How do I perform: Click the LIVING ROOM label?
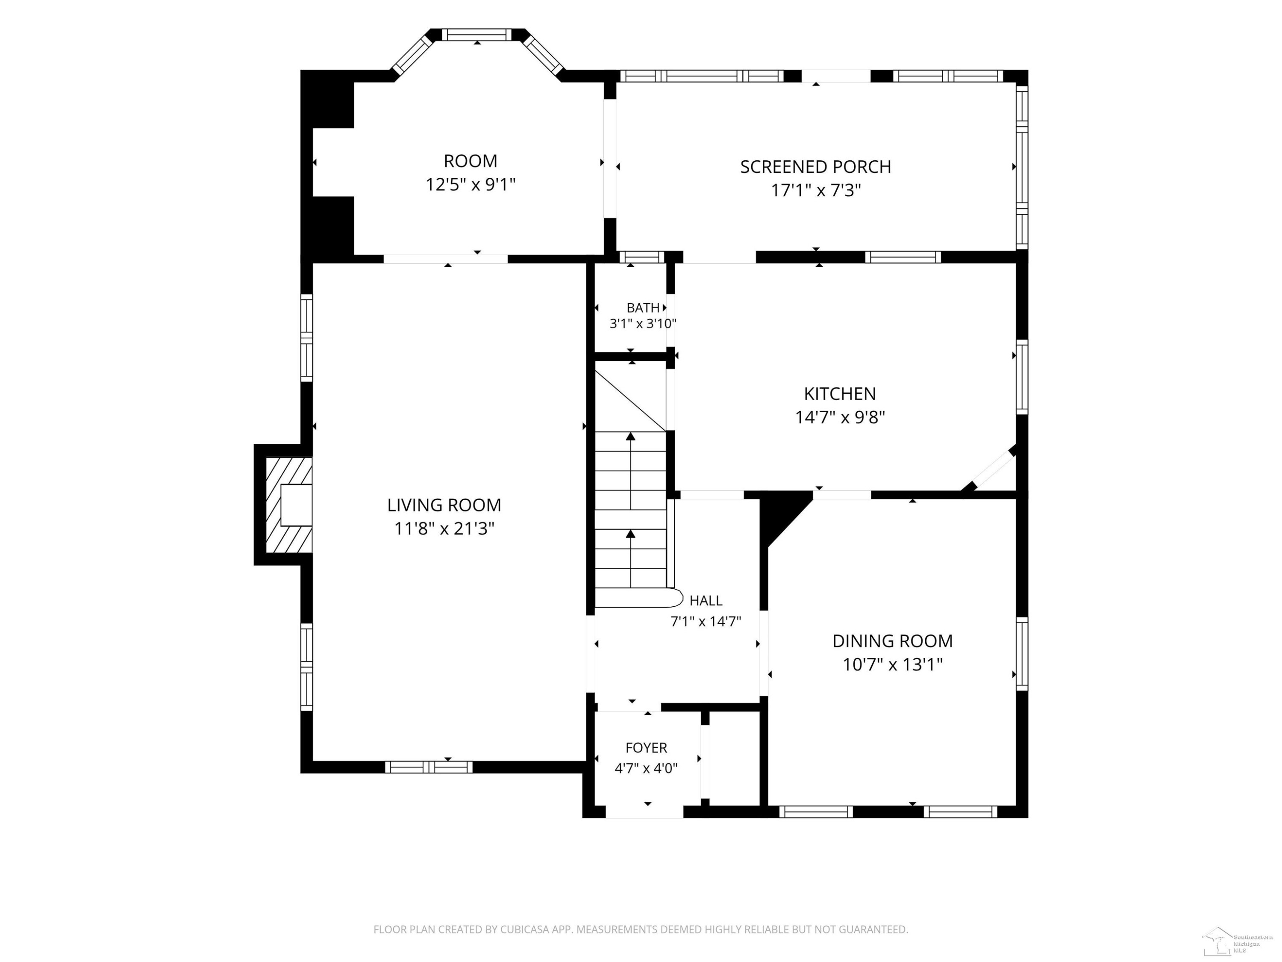click(444, 505)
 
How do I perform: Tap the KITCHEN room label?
click(840, 394)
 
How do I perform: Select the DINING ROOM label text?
click(893, 641)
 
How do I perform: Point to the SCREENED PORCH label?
click(815, 167)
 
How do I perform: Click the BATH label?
click(643, 308)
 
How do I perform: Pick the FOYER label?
click(646, 748)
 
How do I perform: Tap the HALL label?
click(706, 601)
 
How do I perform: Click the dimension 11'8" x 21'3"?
click(444, 529)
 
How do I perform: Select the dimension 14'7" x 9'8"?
click(840, 417)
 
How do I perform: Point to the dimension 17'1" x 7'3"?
click(815, 190)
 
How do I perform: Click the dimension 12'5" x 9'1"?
click(470, 184)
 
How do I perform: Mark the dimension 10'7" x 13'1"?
click(893, 664)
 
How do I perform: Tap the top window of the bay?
click(477, 35)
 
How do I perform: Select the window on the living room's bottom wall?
click(429, 767)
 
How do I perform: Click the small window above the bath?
click(641, 257)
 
